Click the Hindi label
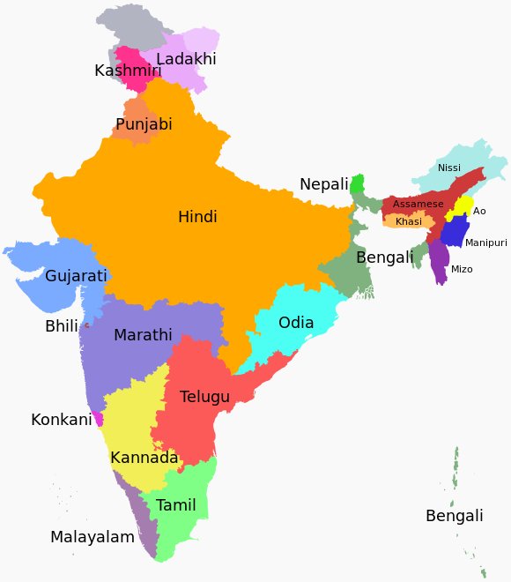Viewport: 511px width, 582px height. pyautogui.click(x=197, y=217)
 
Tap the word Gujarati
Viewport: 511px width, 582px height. pyautogui.click(x=76, y=276)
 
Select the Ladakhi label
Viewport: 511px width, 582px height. pyautogui.click(x=186, y=59)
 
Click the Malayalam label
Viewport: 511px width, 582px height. pyautogui.click(x=93, y=537)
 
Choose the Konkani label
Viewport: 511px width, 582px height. pyautogui.click(x=61, y=420)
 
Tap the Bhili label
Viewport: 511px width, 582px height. pyautogui.click(x=61, y=327)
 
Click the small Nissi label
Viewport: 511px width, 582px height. pyautogui.click(x=449, y=168)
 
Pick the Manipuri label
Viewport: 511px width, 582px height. pyautogui.click(x=486, y=242)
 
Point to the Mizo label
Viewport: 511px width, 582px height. pyautogui.click(x=462, y=269)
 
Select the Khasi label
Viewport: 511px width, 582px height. pyautogui.click(x=409, y=221)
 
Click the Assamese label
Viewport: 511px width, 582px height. pyautogui.click(x=418, y=204)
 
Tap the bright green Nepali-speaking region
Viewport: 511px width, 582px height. pyautogui.click(x=357, y=185)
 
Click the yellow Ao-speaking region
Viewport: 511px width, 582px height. pyautogui.click(x=460, y=209)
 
